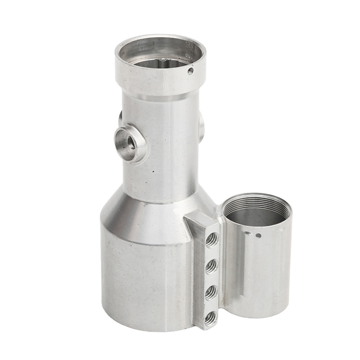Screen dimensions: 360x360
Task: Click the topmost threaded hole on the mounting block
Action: coord(211,241)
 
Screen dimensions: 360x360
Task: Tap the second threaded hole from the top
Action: coord(211,267)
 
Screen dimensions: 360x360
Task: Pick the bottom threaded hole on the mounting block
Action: coord(210,318)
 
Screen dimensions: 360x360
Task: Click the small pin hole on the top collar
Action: coord(190,71)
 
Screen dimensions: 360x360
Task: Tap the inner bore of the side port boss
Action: coord(127,143)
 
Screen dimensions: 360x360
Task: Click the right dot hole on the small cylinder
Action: coord(258,235)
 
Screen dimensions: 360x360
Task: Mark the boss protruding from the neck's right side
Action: coord(201,127)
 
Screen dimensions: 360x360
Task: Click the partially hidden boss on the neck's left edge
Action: coord(120,118)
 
